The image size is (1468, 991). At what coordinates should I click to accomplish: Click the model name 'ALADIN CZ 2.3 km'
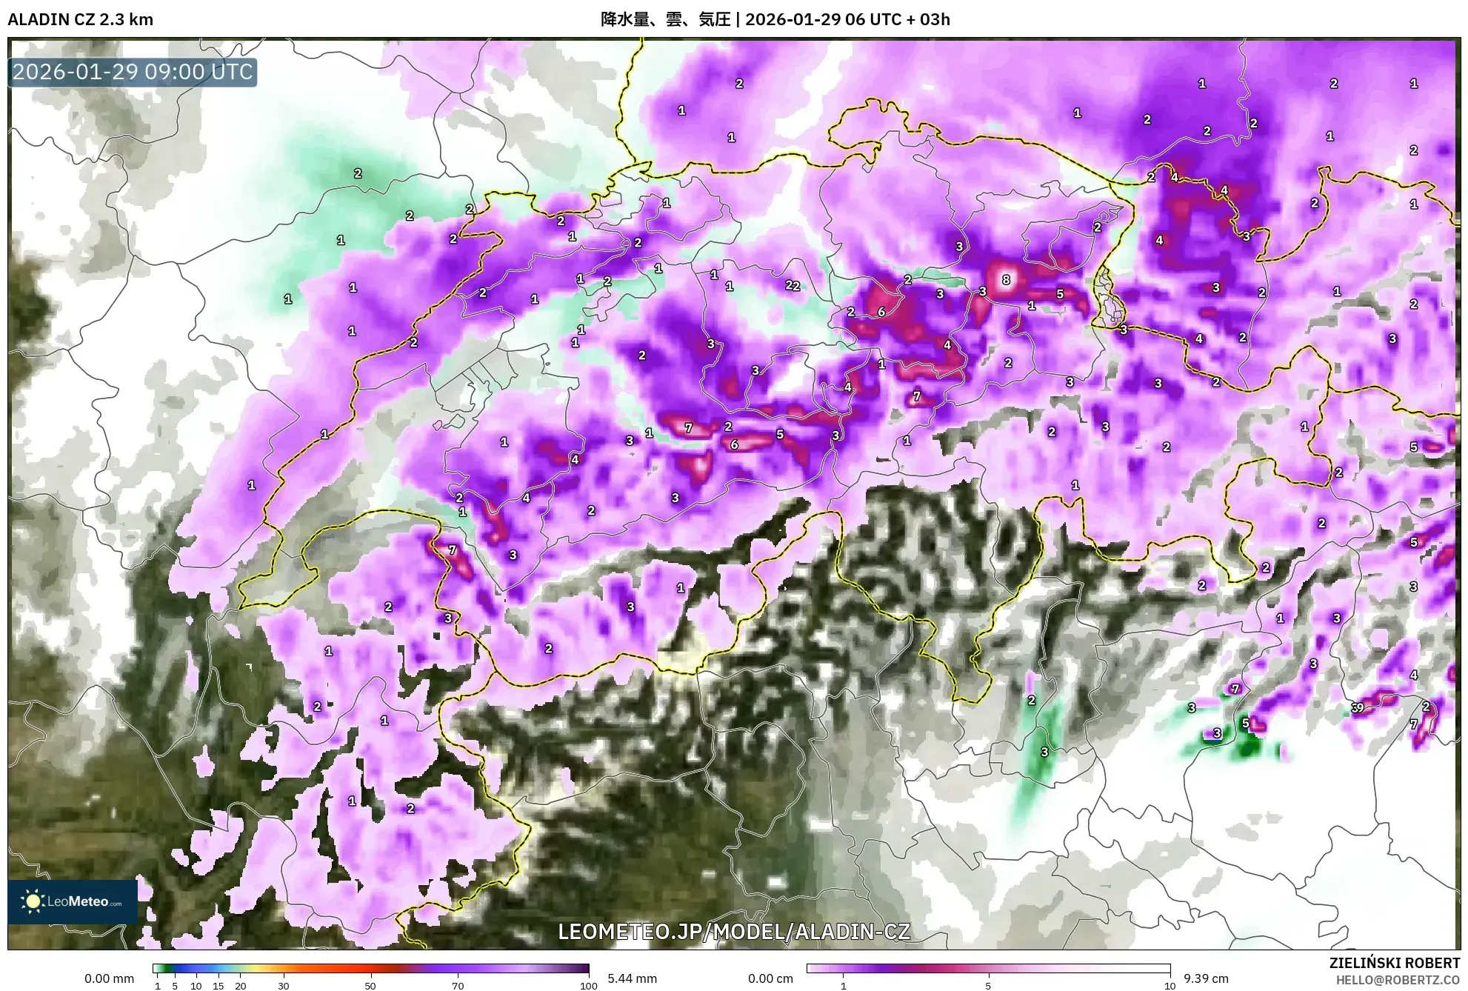point(80,19)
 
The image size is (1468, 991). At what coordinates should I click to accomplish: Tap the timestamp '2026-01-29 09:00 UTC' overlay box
point(133,72)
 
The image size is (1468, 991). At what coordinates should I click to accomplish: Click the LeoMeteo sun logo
point(33,901)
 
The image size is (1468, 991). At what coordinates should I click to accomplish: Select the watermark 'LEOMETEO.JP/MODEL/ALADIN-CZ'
point(733,932)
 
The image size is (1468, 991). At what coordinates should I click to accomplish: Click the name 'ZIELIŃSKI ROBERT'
point(1394,963)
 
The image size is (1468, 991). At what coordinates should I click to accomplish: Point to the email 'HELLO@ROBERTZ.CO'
point(1398,980)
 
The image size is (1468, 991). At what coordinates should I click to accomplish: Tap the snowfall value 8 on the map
point(1005,279)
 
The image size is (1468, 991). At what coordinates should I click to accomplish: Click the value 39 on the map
point(1357,707)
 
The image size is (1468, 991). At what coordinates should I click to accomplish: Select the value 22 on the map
point(792,285)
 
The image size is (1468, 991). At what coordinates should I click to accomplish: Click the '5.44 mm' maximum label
point(632,978)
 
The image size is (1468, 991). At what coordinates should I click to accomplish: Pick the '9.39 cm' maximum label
point(1206,978)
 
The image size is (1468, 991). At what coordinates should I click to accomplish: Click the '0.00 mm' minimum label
point(109,978)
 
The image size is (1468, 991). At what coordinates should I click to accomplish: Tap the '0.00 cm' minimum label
point(770,978)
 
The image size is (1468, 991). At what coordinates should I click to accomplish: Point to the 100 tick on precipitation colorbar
point(588,985)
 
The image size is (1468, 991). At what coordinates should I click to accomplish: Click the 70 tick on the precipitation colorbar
point(458,985)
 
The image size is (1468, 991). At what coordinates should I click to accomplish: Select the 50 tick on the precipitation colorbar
point(370,985)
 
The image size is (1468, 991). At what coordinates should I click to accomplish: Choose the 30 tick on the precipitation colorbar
point(283,985)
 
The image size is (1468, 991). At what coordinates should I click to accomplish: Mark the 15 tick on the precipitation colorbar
point(218,985)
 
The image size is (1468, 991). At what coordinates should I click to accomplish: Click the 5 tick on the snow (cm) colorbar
point(988,985)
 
